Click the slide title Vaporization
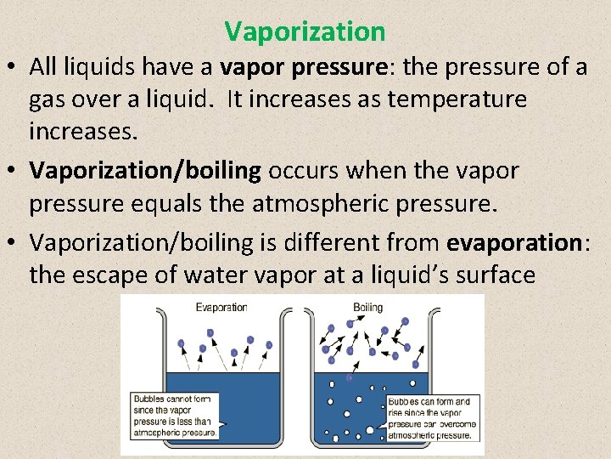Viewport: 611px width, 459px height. click(x=305, y=32)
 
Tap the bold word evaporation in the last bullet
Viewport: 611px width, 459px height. click(x=512, y=242)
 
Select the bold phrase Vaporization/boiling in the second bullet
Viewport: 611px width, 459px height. click(x=144, y=170)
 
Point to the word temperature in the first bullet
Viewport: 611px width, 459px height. click(x=457, y=99)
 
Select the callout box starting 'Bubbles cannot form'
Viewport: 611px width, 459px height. click(x=176, y=416)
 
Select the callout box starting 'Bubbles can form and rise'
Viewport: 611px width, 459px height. click(x=433, y=418)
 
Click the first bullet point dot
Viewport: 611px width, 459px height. click(x=14, y=67)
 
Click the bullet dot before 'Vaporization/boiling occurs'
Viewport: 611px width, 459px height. click(x=14, y=171)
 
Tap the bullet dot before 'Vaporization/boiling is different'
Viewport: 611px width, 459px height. click(x=14, y=243)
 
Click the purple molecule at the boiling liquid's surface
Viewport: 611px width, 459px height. click(x=350, y=378)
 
